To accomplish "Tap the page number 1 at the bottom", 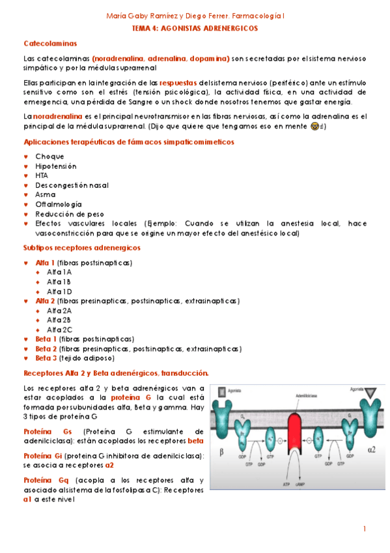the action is [x=365, y=528].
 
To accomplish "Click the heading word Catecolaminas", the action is [x=50, y=43].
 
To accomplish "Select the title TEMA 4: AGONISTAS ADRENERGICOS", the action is [x=195, y=28].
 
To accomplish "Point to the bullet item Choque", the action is [x=49, y=157].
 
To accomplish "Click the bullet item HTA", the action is [x=42, y=175].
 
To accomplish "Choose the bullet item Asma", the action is [x=45, y=194].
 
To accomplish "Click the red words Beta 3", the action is [x=46, y=358].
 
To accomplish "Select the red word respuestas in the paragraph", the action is [x=178, y=83].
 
